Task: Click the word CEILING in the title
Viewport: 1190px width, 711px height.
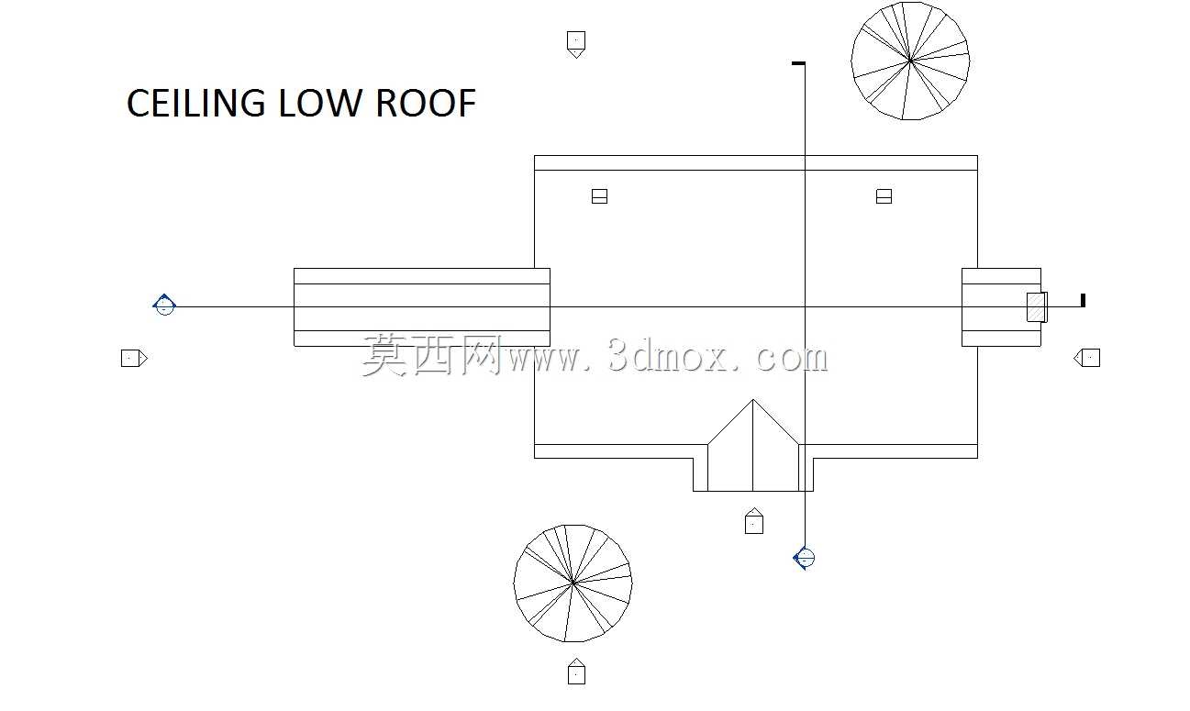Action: tap(196, 103)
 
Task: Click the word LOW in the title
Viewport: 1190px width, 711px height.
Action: tap(319, 103)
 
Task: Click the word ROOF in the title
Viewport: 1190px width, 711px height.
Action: tap(426, 103)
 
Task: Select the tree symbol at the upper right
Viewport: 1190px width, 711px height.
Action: tap(910, 61)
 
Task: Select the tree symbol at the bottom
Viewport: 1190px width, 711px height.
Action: tap(573, 583)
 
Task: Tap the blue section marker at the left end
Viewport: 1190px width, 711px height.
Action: tap(164, 305)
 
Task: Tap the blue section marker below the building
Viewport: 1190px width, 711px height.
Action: tap(805, 558)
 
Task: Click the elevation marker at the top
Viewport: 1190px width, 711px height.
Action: tap(576, 44)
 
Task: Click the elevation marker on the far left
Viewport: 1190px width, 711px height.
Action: tap(134, 358)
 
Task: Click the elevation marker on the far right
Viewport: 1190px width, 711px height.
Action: tap(1087, 358)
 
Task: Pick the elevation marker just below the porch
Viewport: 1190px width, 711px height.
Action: tap(754, 521)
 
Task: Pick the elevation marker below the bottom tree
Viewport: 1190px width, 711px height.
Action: tap(576, 672)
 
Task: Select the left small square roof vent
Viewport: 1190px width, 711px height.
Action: tap(599, 196)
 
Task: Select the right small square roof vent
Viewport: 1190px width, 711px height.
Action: tap(884, 196)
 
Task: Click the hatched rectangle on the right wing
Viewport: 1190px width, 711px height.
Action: tap(1037, 307)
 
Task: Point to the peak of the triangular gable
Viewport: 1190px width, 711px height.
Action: tap(752, 400)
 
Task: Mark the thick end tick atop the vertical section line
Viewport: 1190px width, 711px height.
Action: tap(798, 63)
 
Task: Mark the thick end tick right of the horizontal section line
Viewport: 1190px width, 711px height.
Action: tap(1084, 300)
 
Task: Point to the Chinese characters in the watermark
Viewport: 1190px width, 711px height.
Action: tap(432, 355)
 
